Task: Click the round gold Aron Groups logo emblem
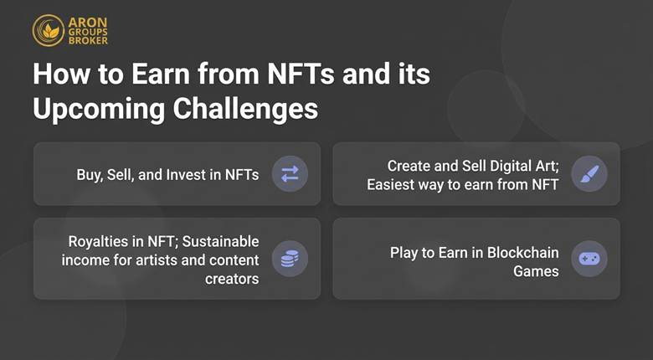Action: (x=48, y=29)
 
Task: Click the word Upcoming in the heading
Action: (x=89, y=110)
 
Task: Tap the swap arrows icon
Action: (x=290, y=174)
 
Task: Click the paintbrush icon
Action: (x=589, y=174)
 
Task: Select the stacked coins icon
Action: (x=290, y=259)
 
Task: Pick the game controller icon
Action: (x=589, y=259)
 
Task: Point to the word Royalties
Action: (x=96, y=241)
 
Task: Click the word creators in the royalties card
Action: (x=233, y=278)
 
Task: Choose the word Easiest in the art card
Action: (x=393, y=183)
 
